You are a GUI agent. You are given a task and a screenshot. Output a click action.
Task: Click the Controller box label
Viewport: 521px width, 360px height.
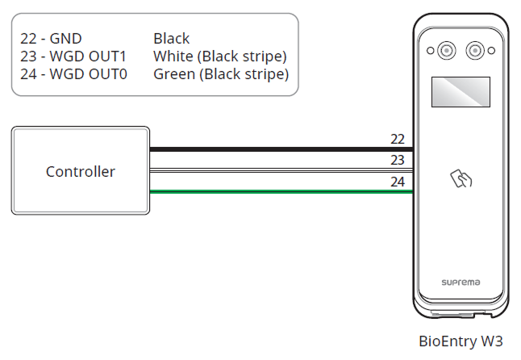(80, 171)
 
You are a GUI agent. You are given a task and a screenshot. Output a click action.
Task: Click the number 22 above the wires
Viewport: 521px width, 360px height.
(397, 139)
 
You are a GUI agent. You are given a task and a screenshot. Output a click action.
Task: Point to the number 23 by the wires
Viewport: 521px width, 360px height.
(397, 160)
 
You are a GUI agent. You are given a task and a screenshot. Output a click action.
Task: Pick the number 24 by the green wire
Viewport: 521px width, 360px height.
(397, 182)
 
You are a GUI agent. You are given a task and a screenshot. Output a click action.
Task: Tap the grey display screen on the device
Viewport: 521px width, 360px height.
(460, 92)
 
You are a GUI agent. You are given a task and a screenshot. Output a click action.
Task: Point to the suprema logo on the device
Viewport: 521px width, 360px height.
(460, 283)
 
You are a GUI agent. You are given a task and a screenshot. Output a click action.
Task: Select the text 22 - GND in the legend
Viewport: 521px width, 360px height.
(51, 38)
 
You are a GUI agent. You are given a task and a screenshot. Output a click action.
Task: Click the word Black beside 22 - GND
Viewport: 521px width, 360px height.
(171, 38)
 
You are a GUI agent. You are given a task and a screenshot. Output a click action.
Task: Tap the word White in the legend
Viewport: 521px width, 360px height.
(171, 57)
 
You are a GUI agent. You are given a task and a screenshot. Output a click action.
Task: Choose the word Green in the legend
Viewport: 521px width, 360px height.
(172, 75)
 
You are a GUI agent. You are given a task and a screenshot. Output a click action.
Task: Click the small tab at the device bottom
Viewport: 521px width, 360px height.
(461, 316)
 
